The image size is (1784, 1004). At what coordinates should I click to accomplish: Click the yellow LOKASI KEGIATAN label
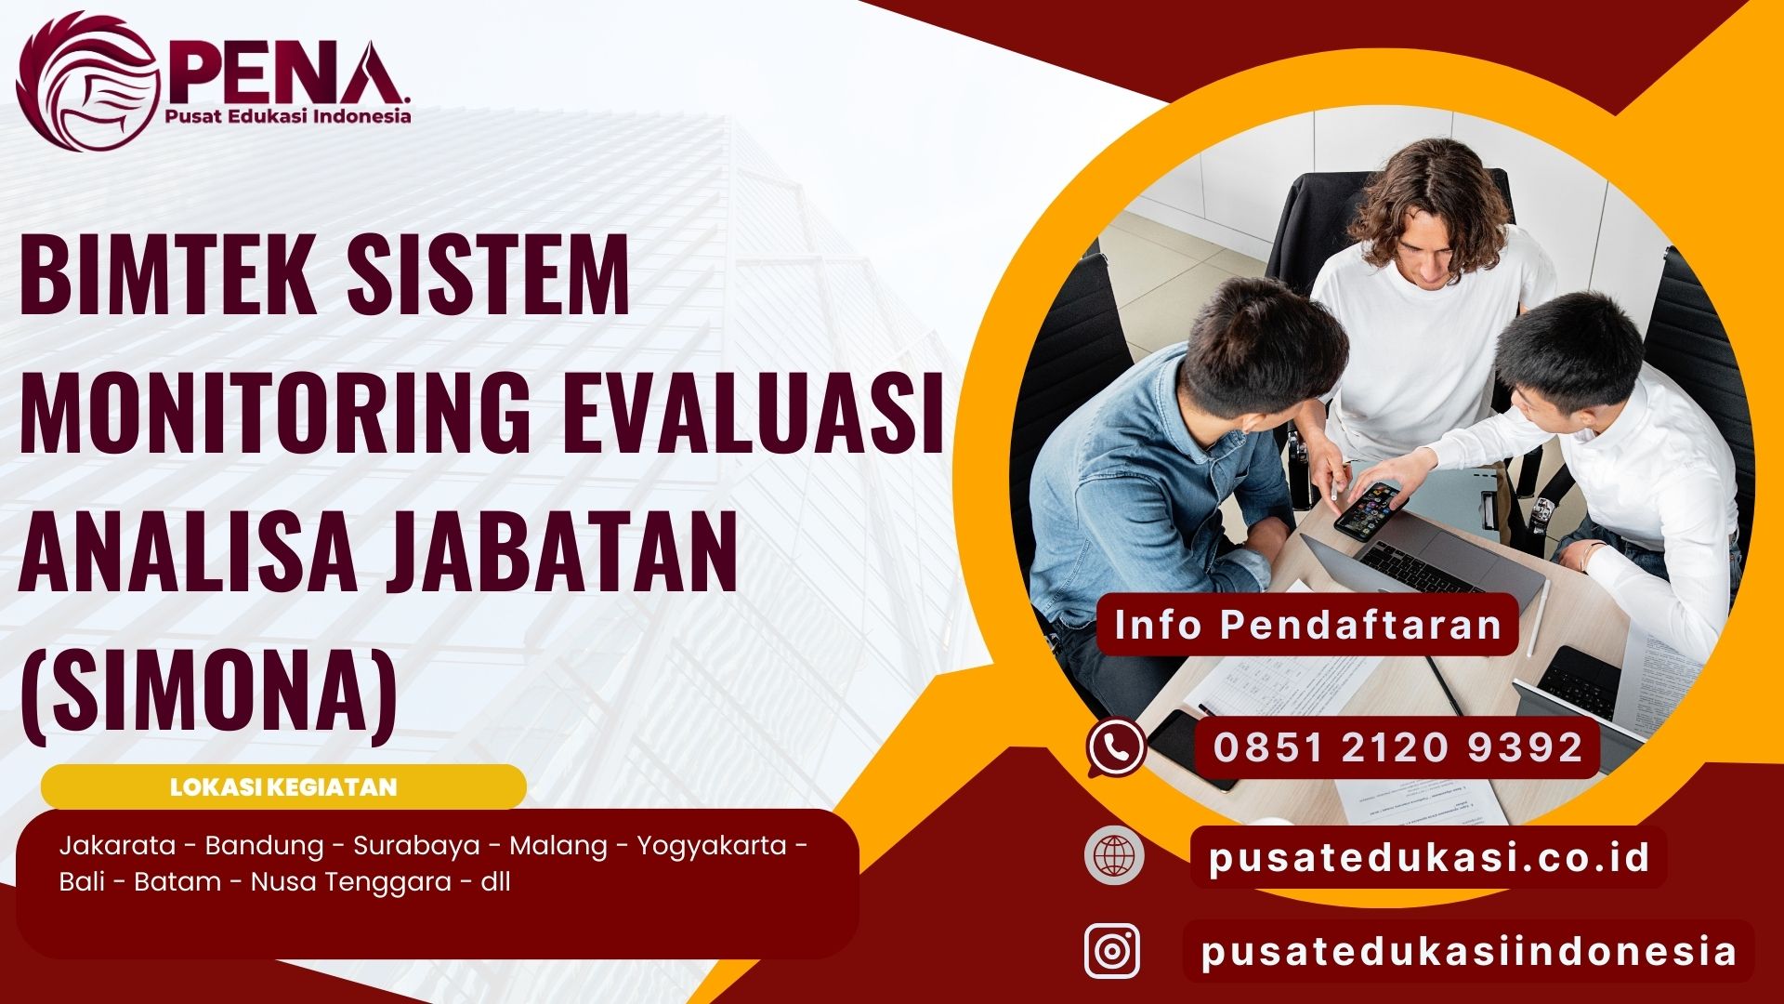pyautogui.click(x=283, y=787)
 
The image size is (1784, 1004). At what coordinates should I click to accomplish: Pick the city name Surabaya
pyautogui.click(x=416, y=846)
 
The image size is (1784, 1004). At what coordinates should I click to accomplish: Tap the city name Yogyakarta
pyautogui.click(x=712, y=846)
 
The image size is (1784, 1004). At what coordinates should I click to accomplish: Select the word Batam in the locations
pyautogui.click(x=177, y=881)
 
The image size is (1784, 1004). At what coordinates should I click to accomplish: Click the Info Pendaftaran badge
pyautogui.click(x=1307, y=625)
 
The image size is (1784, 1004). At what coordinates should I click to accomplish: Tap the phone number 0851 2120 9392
pyautogui.click(x=1397, y=747)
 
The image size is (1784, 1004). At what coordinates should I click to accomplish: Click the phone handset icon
pyautogui.click(x=1116, y=747)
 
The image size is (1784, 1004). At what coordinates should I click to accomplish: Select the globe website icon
pyautogui.click(x=1114, y=854)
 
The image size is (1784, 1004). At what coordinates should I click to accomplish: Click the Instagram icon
pyautogui.click(x=1112, y=951)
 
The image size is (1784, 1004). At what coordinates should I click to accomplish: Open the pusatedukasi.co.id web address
pyautogui.click(x=1428, y=857)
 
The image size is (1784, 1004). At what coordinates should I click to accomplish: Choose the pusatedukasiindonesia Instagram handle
pyautogui.click(x=1468, y=952)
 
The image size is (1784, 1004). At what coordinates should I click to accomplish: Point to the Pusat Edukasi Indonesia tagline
pyautogui.click(x=287, y=116)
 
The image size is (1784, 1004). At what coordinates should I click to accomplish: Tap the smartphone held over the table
pyautogui.click(x=1371, y=509)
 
